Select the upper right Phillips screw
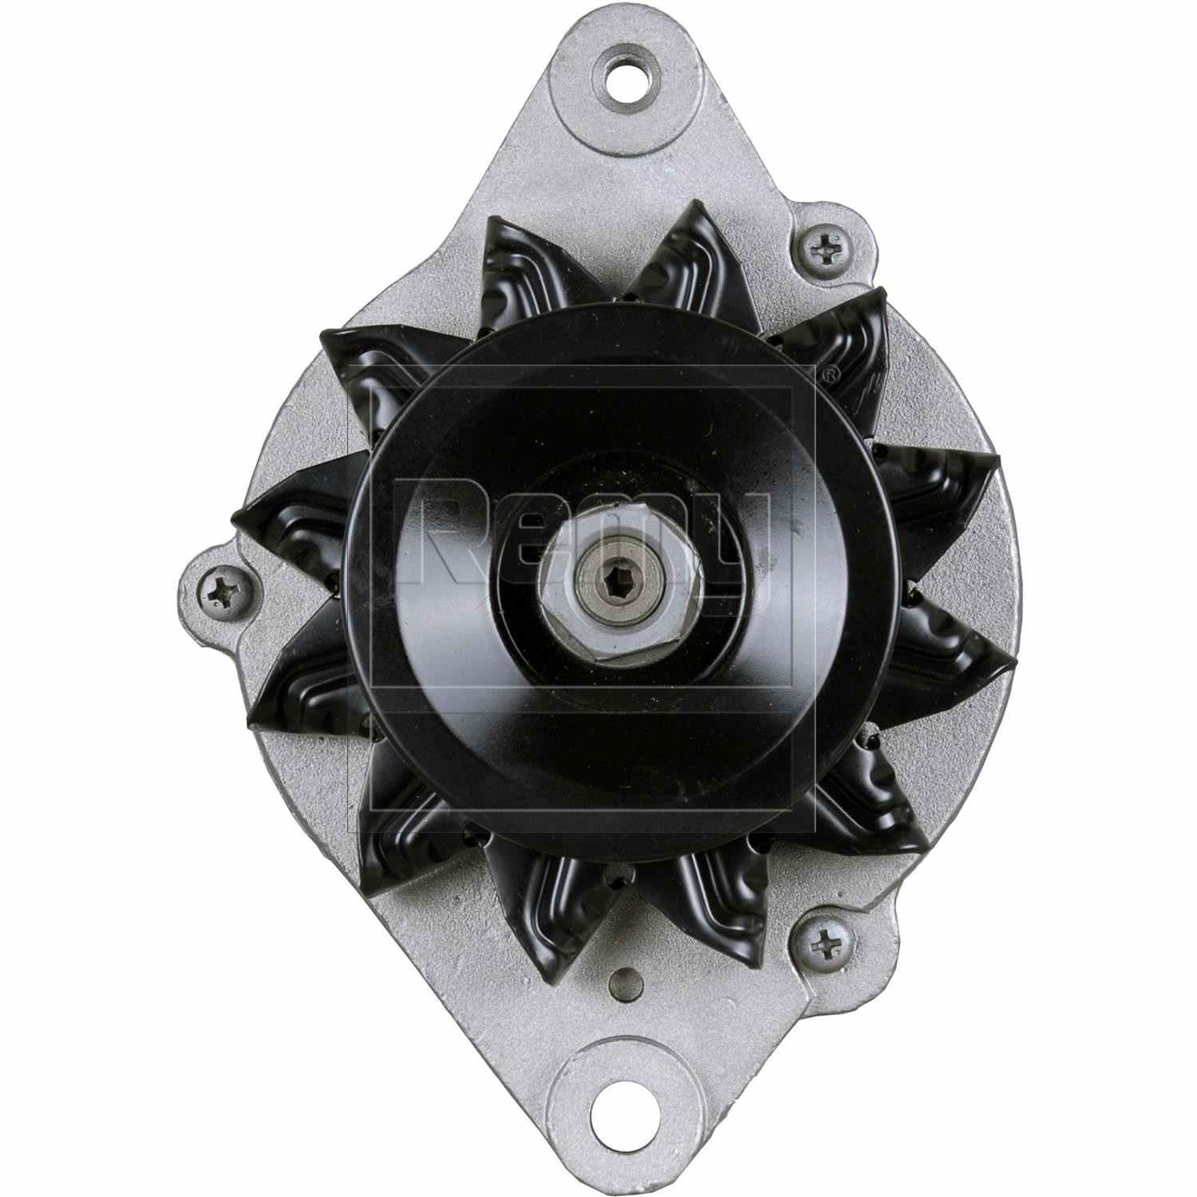click(x=824, y=250)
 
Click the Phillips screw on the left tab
click(x=220, y=592)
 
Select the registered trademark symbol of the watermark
click(x=830, y=373)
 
